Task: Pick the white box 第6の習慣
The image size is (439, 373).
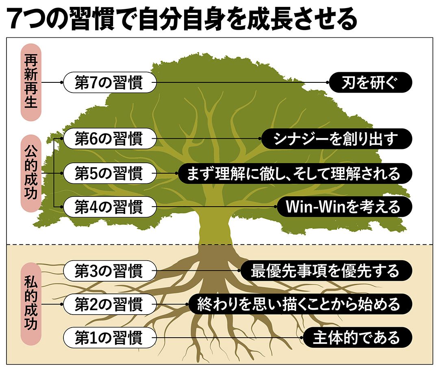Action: (x=109, y=139)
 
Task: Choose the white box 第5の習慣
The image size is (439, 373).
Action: (x=109, y=173)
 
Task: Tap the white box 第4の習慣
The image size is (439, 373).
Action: (x=109, y=207)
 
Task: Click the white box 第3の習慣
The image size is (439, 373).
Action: (x=109, y=270)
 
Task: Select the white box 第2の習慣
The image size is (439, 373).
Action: (x=109, y=304)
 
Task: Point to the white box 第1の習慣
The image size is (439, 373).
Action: (x=109, y=337)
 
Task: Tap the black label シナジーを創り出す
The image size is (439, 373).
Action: (x=336, y=139)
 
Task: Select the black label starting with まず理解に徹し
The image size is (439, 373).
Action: (x=295, y=173)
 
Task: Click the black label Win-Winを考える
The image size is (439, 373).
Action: (x=344, y=207)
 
